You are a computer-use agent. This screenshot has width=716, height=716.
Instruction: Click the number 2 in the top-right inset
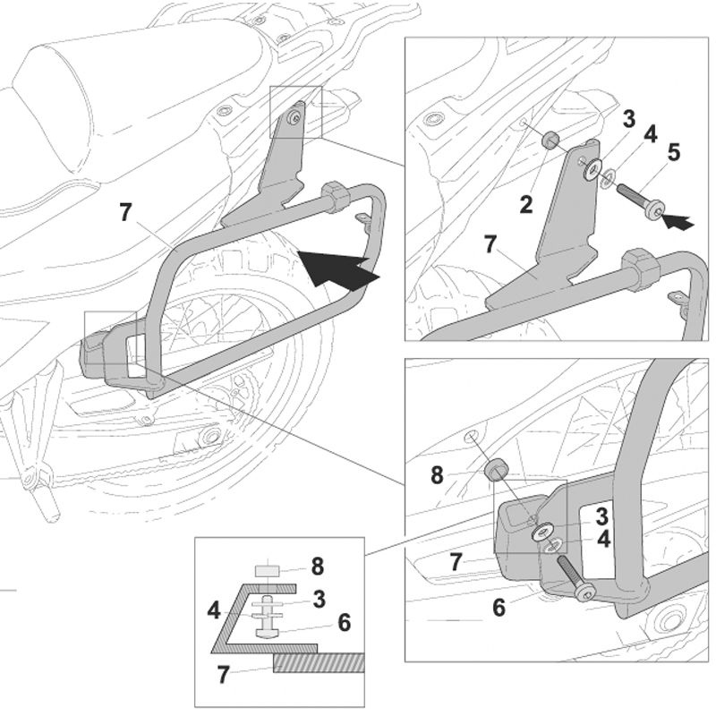526,205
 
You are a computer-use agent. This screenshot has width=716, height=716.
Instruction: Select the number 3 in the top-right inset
629,119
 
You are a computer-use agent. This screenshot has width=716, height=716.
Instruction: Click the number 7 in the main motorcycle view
125,213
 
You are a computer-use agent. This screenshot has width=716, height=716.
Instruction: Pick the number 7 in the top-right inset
490,243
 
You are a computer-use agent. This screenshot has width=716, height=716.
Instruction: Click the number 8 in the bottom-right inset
438,475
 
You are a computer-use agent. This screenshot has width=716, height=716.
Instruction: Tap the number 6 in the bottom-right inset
499,607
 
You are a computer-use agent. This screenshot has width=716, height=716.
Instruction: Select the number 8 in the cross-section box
316,567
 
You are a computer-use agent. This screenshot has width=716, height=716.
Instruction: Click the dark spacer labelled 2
553,141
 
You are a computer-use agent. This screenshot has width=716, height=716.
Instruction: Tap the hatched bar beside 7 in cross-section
318,663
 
